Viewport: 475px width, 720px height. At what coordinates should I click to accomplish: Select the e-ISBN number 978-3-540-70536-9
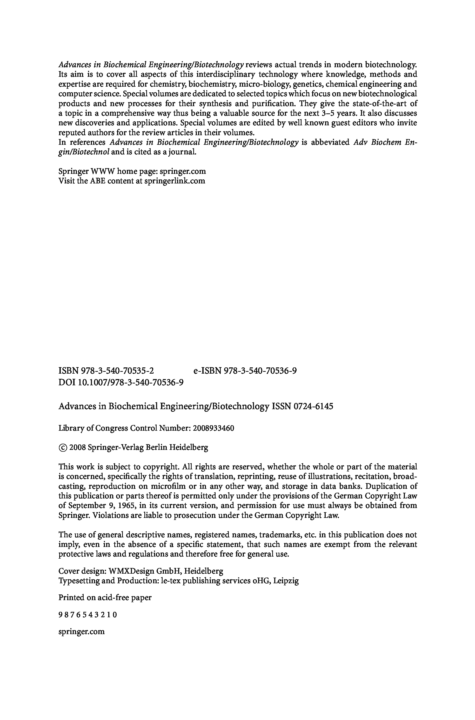point(260,371)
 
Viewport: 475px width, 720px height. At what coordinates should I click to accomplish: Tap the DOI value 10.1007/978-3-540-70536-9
point(131,382)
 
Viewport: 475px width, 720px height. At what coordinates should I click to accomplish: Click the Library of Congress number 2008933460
point(213,428)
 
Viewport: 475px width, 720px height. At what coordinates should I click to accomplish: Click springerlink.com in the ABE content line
point(175,181)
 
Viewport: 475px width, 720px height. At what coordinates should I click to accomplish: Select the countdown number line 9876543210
point(88,615)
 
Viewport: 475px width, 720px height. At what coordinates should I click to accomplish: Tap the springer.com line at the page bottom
point(82,632)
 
